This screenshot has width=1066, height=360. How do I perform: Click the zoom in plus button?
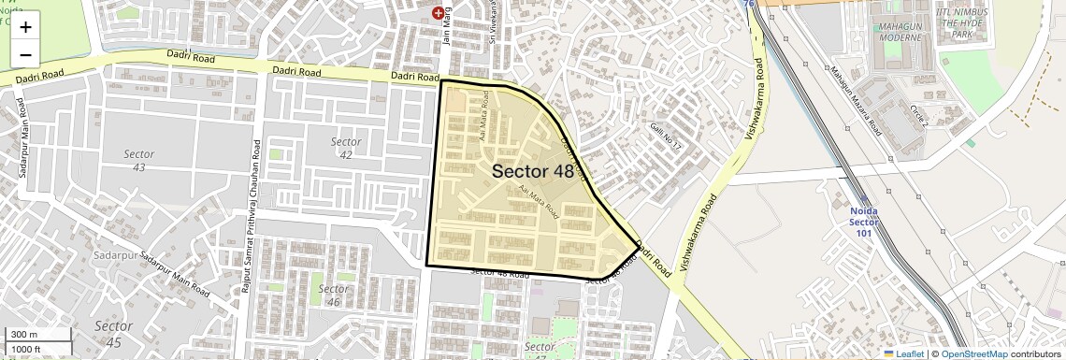pos(25,27)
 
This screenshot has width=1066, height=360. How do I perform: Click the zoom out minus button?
pos(25,55)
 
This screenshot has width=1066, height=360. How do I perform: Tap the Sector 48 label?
pos(532,171)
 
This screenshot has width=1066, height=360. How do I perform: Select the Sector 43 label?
pos(139,160)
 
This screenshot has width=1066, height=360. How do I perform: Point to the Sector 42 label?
pos(345,148)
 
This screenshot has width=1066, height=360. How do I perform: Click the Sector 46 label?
pos(333,295)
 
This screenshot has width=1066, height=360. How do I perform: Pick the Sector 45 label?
pos(108,334)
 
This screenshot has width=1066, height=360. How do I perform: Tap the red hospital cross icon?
pos(438,13)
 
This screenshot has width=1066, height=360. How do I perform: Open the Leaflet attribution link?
pos(904,353)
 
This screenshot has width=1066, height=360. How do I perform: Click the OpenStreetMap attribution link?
pos(974,353)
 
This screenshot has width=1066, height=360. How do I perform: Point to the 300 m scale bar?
pos(37,335)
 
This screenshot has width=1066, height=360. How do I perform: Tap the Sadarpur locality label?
pos(116,254)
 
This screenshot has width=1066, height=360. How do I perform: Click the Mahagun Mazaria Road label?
pos(856,99)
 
